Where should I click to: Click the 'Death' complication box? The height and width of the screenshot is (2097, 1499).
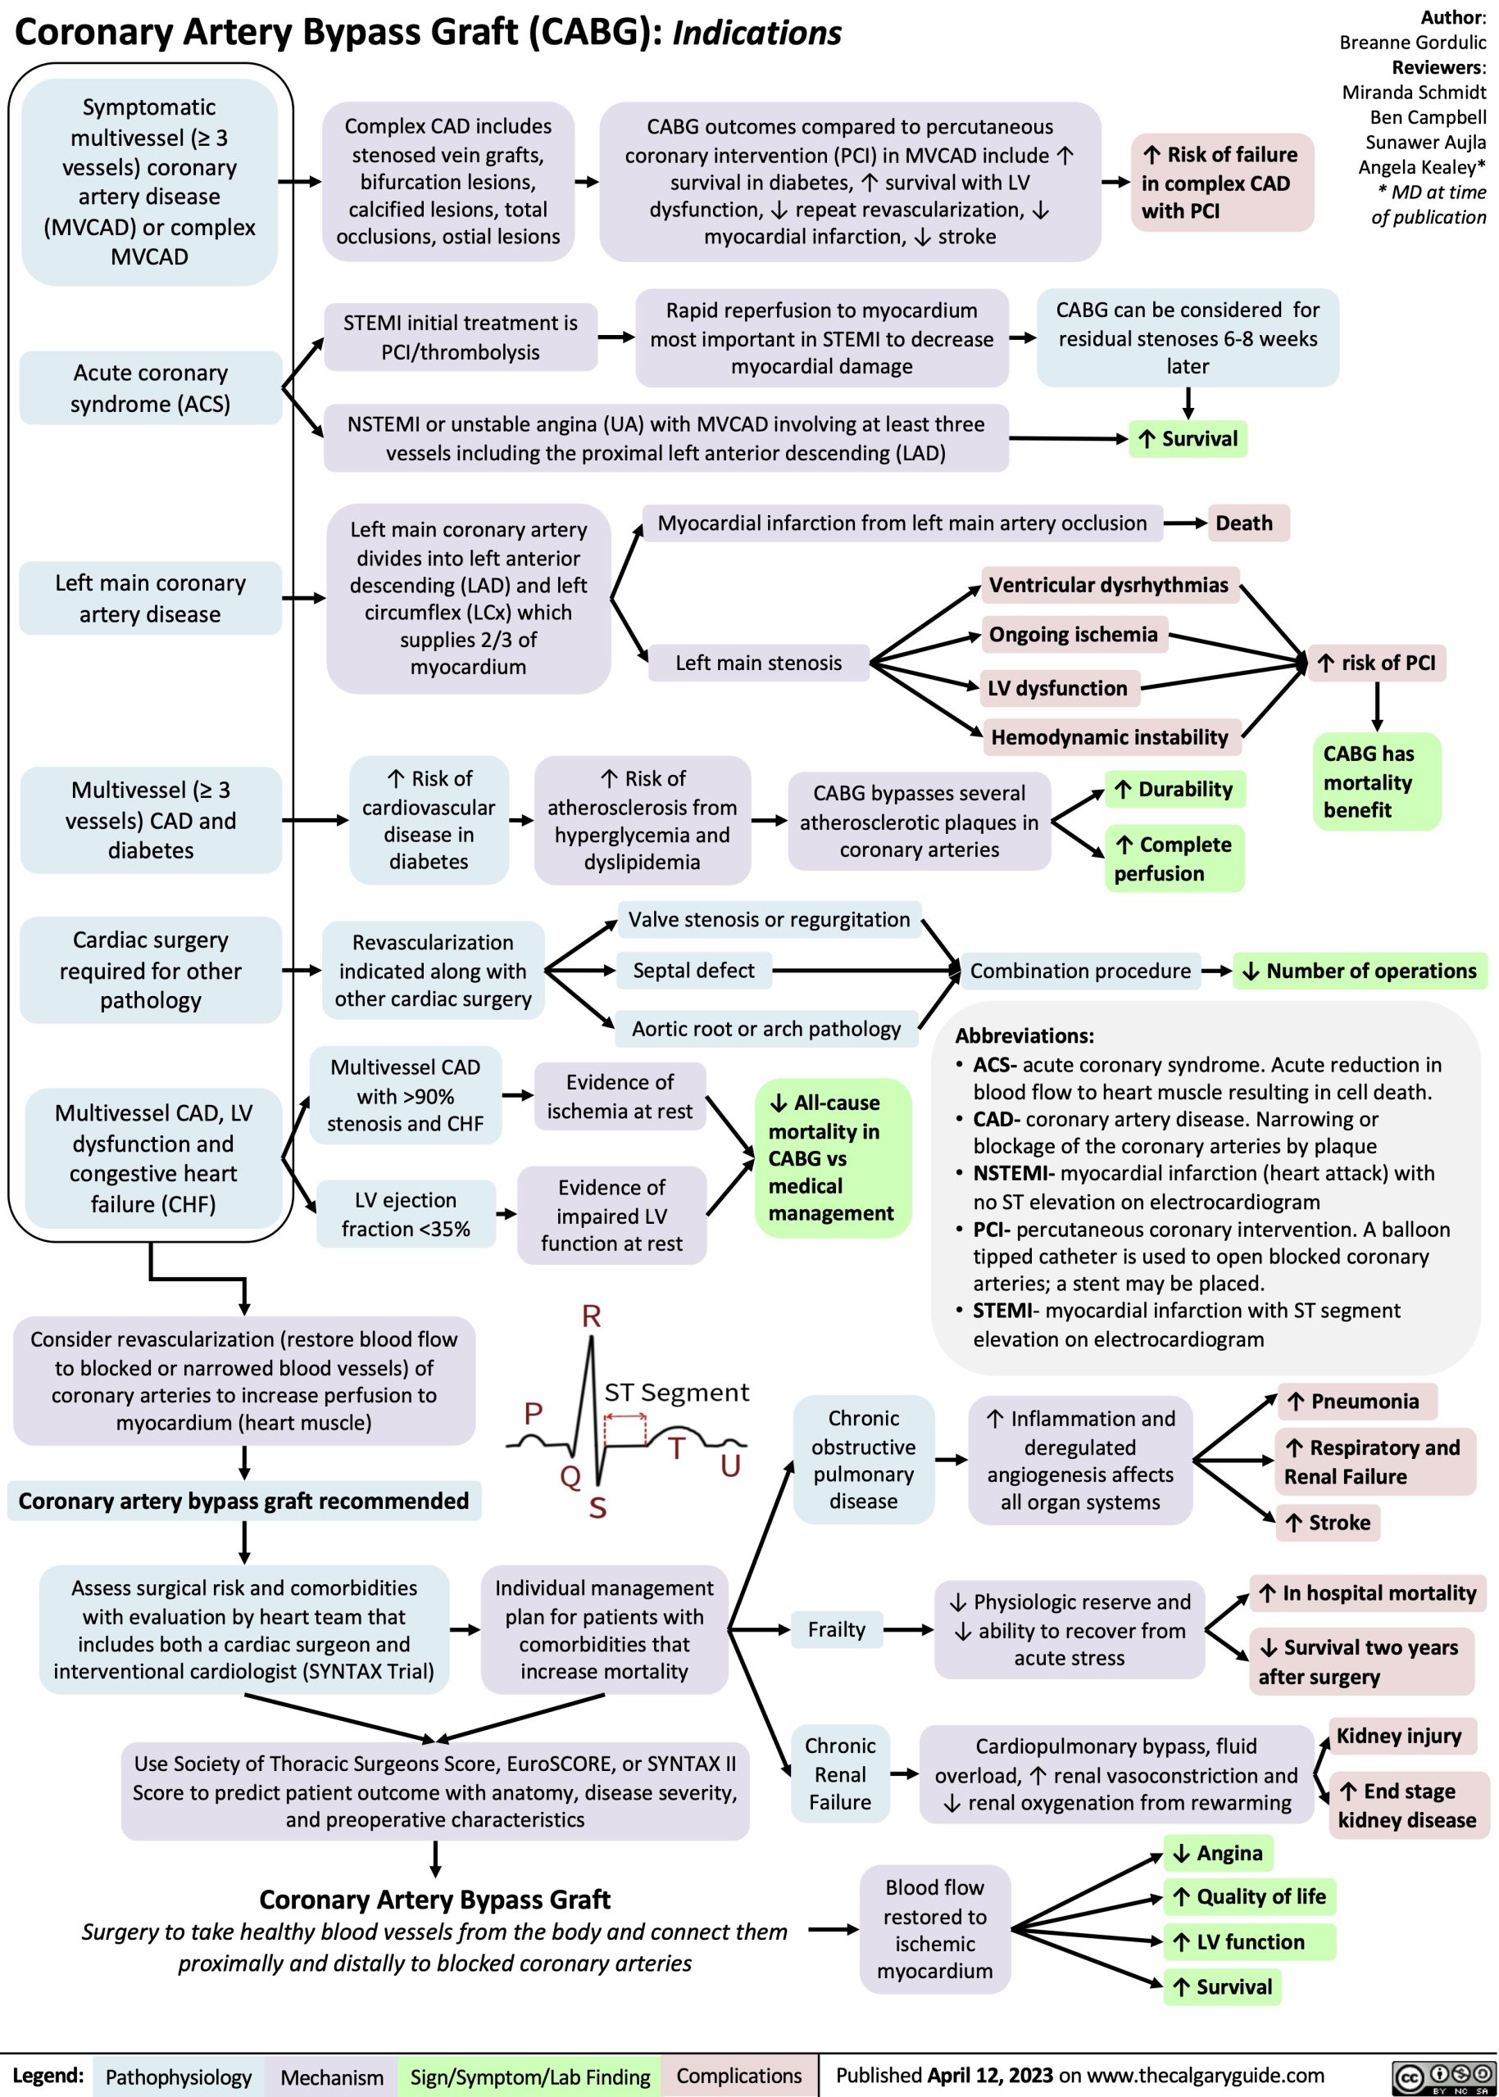coord(1243,523)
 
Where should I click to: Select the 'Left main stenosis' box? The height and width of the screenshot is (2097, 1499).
coord(758,663)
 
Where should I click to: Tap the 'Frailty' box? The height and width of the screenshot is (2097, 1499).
coord(836,1629)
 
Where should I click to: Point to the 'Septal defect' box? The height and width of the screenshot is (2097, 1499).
coord(693,970)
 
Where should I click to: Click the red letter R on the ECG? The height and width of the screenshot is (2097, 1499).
coord(592,1316)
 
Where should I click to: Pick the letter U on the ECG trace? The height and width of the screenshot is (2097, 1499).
coord(730,1466)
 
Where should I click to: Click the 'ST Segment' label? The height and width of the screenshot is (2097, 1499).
coord(677,1393)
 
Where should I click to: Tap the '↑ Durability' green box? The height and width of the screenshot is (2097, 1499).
coord(1174,789)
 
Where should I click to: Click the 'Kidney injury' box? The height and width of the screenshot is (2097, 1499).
coord(1398,1737)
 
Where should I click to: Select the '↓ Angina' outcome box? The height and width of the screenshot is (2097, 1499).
coord(1217,1853)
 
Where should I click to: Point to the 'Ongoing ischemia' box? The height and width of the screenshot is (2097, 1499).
coord(1074,634)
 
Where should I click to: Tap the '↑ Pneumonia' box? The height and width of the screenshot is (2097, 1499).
coord(1357,1402)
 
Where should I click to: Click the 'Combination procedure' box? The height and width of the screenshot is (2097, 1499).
coord(1080,971)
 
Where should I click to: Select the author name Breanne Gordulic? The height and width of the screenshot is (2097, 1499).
coord(1412,43)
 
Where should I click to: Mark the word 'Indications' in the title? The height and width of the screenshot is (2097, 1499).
coord(757,34)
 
